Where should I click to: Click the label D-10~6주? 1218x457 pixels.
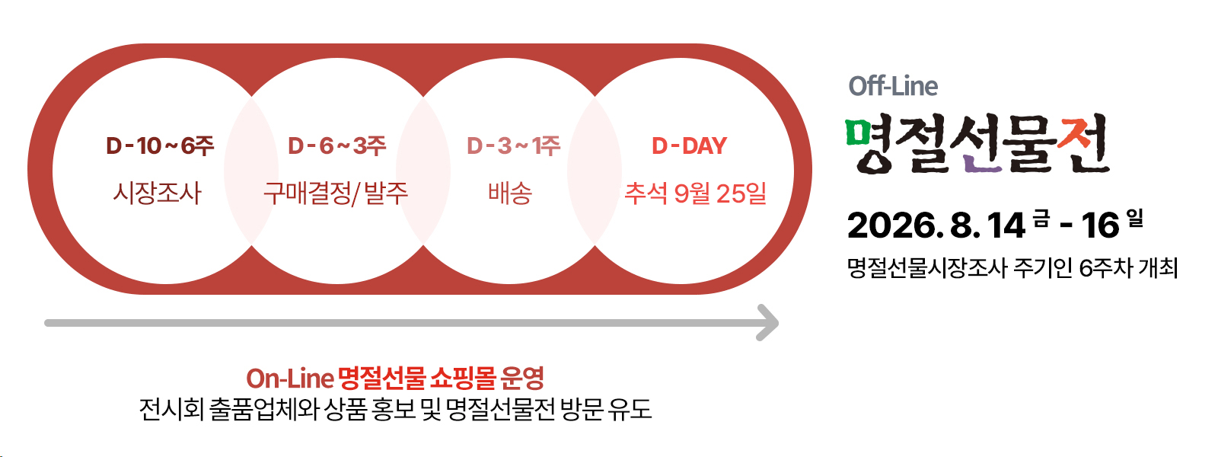[x=160, y=145]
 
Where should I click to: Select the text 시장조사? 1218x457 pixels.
[x=158, y=193]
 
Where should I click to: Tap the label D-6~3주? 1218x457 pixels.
[x=336, y=145]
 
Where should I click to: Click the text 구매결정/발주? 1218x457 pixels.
[x=336, y=193]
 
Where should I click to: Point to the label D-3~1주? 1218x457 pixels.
[x=513, y=145]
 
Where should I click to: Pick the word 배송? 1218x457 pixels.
[x=510, y=193]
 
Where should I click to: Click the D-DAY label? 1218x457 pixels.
[x=689, y=145]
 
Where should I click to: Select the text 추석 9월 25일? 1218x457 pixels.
[x=696, y=193]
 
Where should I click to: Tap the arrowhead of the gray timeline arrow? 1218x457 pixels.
[x=769, y=323]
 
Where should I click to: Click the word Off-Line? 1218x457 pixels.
[x=893, y=86]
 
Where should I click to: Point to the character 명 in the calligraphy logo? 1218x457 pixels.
[x=870, y=145]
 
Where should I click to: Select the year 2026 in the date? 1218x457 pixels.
[x=892, y=225]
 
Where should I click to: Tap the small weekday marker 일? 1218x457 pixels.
[x=1135, y=219]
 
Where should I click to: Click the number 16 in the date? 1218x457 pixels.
[x=1100, y=225]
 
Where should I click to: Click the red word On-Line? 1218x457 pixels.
[x=290, y=379]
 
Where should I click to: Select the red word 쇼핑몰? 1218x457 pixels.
[x=463, y=379]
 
